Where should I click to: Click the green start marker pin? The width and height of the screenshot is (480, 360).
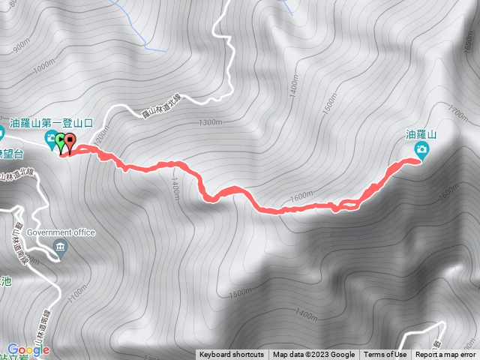61,140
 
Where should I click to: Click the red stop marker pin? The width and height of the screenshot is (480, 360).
70,140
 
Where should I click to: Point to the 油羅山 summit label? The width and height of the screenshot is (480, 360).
421,134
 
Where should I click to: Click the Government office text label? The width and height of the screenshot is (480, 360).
61,232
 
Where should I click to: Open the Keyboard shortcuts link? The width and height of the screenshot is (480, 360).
231,355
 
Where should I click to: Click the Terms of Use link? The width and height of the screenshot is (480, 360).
385,355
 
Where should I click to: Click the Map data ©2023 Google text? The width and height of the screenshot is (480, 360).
314,355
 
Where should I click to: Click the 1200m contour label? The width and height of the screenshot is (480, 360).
102,136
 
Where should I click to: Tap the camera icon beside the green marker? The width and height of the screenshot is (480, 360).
50,137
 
